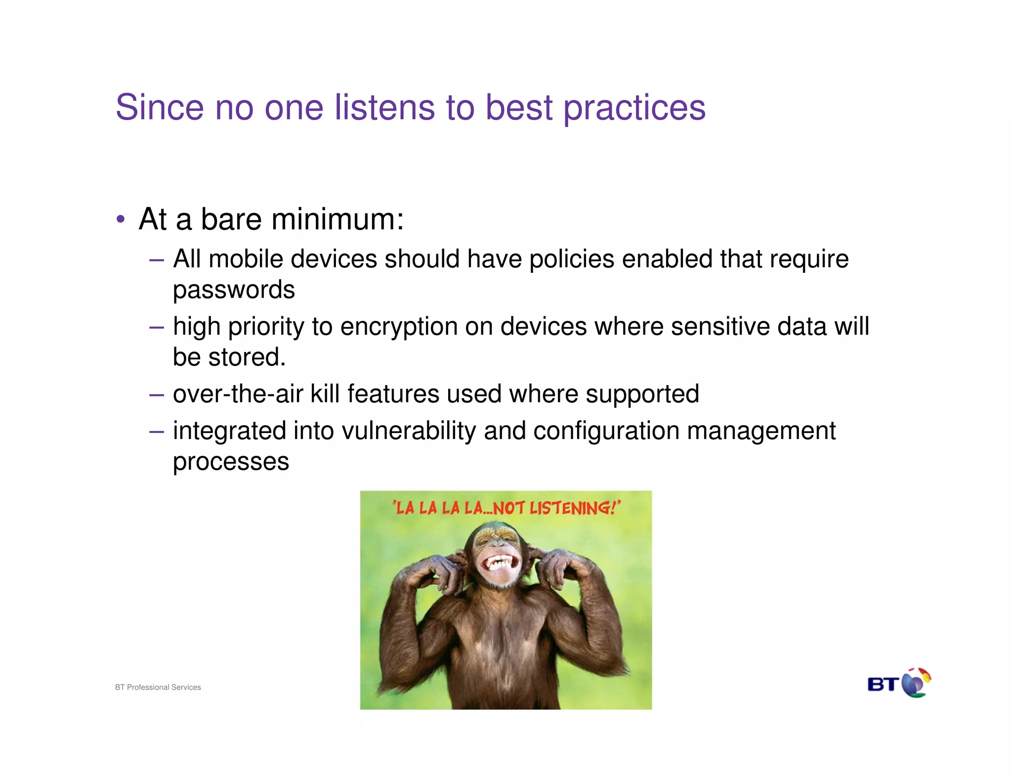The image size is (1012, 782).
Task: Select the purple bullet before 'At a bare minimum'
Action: [x=121, y=219]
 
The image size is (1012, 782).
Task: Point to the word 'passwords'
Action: [x=234, y=290]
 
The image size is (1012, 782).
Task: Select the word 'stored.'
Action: [x=247, y=357]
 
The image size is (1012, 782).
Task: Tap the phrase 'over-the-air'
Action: [x=238, y=394]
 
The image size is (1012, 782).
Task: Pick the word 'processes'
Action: [x=231, y=462]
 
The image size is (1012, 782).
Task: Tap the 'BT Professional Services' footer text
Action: [x=158, y=687]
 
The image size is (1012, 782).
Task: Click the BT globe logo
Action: [x=916, y=684]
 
